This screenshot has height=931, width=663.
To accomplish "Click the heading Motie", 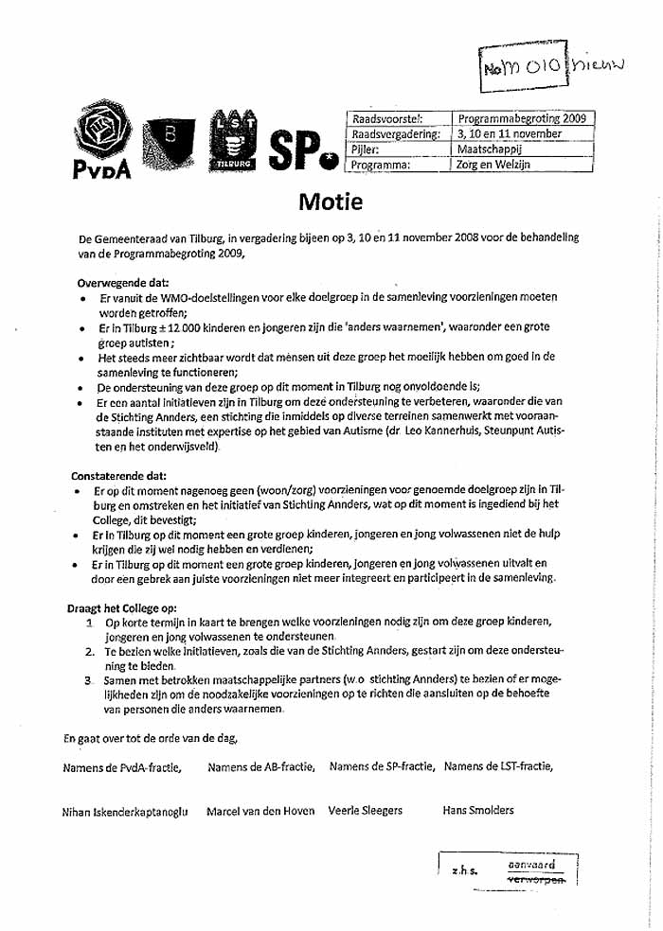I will pyautogui.click(x=331, y=201).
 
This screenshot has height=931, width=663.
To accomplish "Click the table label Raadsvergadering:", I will pyautogui.click(x=395, y=134).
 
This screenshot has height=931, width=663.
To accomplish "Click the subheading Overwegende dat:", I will pyautogui.click(x=121, y=282).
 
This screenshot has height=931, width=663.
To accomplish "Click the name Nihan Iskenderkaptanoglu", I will pyautogui.click(x=125, y=811).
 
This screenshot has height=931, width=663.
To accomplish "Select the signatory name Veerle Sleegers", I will pyautogui.click(x=365, y=810).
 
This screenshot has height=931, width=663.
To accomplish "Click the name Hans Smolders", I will pyautogui.click(x=477, y=810).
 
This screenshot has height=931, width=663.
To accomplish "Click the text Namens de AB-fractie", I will pyautogui.click(x=260, y=766).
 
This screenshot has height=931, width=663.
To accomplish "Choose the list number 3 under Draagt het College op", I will pyautogui.click(x=87, y=680).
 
